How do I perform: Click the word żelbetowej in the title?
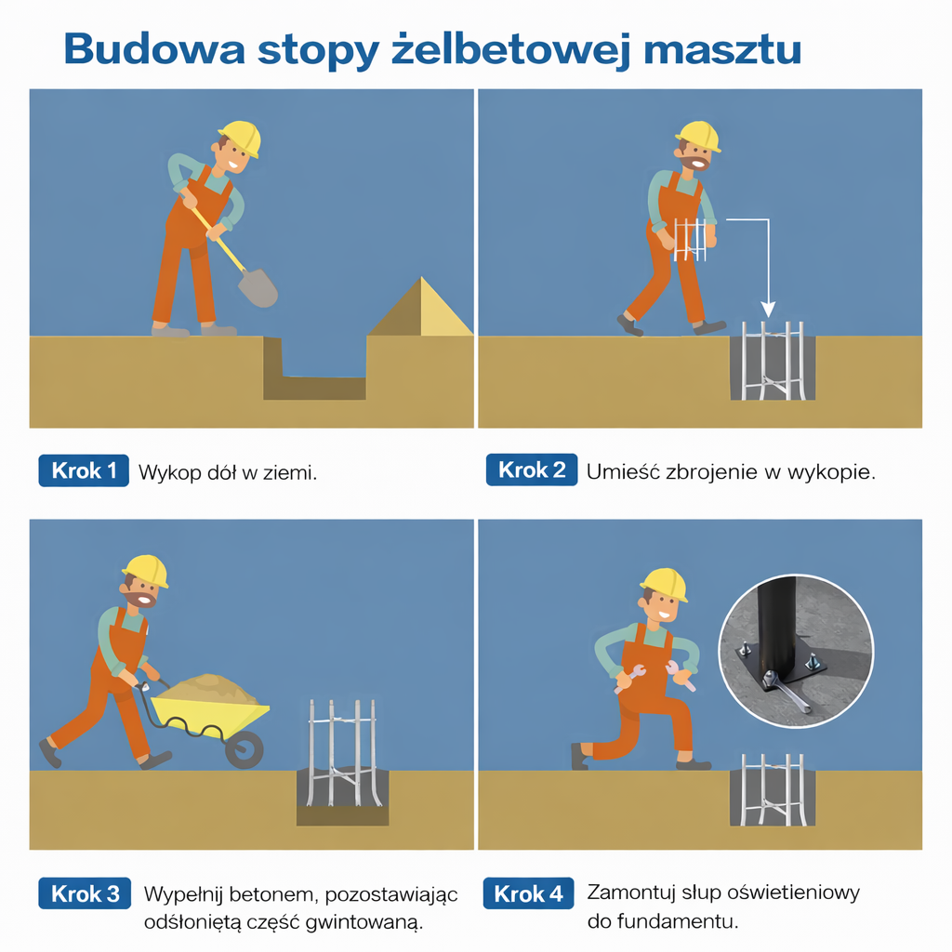coord(511,49)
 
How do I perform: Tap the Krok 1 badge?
coord(84,470)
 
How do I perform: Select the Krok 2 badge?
coord(531,469)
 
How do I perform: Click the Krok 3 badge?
coord(85,893)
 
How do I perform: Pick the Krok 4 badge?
coord(528,893)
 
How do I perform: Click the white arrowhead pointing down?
coord(768,309)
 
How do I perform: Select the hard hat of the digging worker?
coord(241,138)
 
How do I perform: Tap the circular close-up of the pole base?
coord(796,651)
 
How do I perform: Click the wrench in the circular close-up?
coord(787,691)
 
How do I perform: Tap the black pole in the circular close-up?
coord(775,627)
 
